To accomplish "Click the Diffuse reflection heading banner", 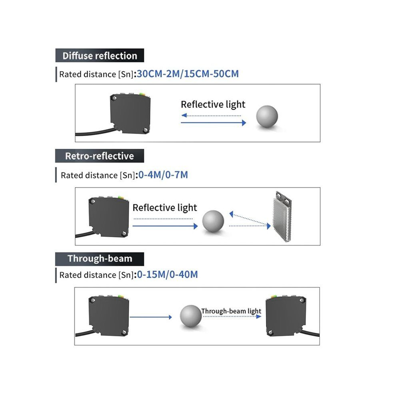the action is (100, 55).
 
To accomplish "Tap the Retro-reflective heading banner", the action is (100, 156).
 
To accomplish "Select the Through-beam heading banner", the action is (100, 259).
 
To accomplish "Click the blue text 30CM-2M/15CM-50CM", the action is (188, 74).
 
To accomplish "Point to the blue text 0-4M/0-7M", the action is (163, 175).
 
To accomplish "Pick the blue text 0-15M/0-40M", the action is (167, 274).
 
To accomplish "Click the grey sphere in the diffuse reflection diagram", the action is (267, 116).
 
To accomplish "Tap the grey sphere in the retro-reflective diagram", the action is (213, 221).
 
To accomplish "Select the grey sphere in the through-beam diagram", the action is (191, 316).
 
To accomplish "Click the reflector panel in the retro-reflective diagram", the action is (282, 217).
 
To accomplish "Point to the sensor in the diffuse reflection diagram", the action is (130, 113).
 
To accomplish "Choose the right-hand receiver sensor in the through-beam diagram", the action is (286, 316).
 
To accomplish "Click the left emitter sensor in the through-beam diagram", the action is (109, 316).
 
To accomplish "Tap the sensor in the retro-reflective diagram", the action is (109, 216).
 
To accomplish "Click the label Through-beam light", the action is (231, 311).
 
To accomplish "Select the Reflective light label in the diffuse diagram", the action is (213, 104).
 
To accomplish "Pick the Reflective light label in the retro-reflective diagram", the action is (165, 208).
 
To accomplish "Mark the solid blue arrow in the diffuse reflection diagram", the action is (214, 123).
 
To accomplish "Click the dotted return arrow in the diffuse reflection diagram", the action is (211, 116).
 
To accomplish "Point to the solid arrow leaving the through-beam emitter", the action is (151, 317).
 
